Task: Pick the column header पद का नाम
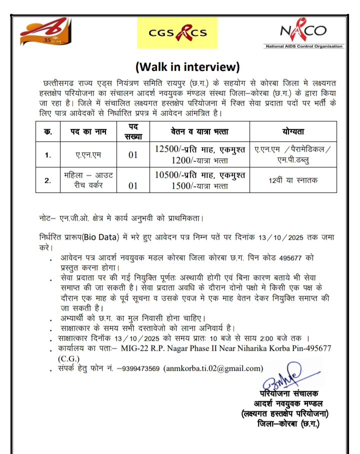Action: coord(89,131)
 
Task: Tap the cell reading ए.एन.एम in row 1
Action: coord(88,155)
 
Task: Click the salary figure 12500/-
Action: coord(170,149)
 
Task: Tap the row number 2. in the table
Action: coord(48,180)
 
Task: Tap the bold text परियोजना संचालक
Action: coord(289,394)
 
